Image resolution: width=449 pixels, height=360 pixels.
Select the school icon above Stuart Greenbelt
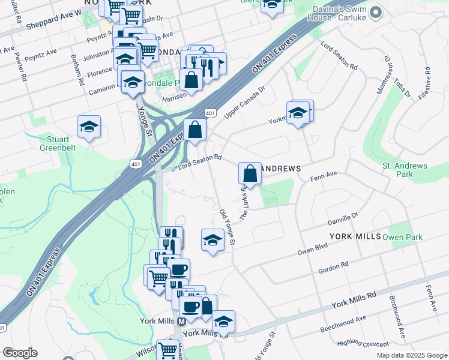coord(89,127)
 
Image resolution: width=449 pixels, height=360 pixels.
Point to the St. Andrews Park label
coord(405,170)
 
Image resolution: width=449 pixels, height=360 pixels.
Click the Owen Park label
coord(402,237)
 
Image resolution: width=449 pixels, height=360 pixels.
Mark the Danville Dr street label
coord(342,218)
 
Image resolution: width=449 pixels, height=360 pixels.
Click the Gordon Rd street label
coord(334,265)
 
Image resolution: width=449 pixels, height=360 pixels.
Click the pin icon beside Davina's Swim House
coord(376,12)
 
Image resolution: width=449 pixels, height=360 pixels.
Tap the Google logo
coord(20,353)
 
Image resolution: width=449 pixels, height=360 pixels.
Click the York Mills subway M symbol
coord(181,322)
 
